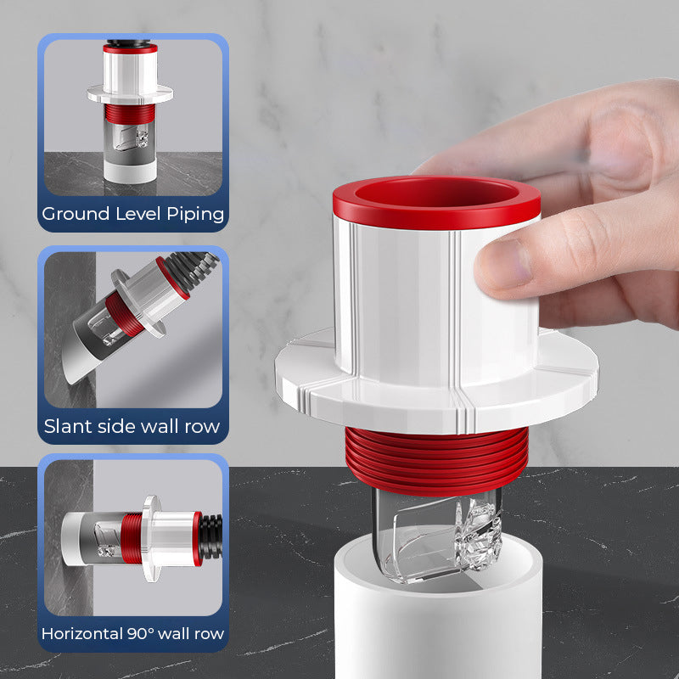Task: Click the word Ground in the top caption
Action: (76, 214)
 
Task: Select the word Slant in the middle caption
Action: (69, 426)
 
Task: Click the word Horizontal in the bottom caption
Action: (81, 633)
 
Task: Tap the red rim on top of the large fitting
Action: (436, 202)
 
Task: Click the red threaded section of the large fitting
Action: (436, 461)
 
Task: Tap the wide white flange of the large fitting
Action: (436, 392)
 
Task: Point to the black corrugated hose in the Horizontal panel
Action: (211, 537)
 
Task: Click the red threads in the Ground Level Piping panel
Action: (130, 114)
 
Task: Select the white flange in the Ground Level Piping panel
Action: (130, 94)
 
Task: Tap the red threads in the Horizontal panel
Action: (132, 538)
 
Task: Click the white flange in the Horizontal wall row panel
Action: (152, 538)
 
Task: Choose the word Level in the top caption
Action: (138, 214)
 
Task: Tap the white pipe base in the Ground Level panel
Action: (130, 171)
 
